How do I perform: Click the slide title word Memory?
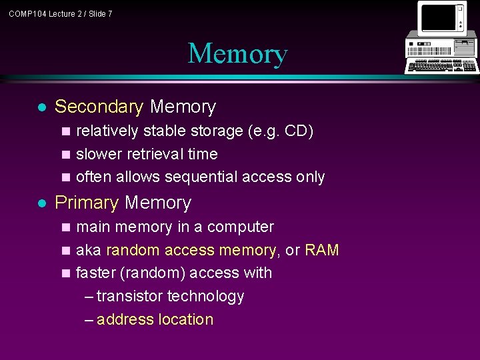pos(237,54)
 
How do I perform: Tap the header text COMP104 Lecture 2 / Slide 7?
pos(61,13)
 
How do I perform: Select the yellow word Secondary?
pos(99,107)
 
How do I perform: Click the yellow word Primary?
pos(87,203)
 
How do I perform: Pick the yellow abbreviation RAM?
pos(322,250)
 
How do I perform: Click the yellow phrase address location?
pos(155,319)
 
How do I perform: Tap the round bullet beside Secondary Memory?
pos(41,107)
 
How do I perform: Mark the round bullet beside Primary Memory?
pos(41,203)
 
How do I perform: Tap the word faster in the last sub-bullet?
pos(97,273)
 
